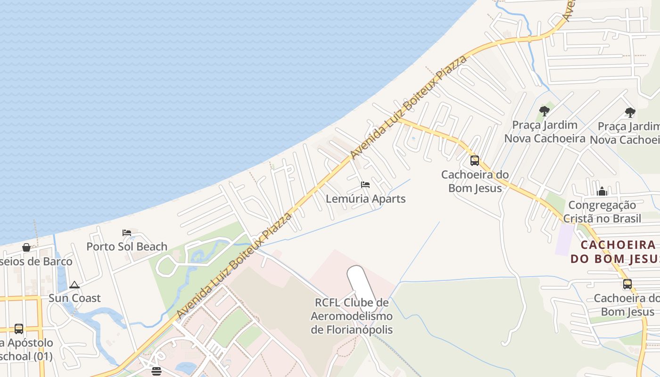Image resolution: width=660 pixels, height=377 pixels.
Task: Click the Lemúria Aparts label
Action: [365, 199]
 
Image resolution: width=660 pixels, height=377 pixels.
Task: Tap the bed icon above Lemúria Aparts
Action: [365, 185]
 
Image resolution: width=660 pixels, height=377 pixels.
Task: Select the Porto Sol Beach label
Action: [127, 246]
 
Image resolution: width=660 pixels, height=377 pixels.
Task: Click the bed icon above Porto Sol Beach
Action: [127, 232]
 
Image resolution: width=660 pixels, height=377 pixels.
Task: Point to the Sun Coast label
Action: [74, 298]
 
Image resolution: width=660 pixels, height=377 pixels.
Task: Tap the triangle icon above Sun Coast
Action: [74, 285]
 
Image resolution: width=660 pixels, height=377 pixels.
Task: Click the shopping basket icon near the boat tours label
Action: [26, 247]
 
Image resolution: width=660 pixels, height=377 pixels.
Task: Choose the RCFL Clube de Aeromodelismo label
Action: [352, 316]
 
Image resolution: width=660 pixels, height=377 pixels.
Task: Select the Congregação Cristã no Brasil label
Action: [602, 212]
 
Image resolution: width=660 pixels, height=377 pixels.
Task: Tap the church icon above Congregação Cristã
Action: [602, 191]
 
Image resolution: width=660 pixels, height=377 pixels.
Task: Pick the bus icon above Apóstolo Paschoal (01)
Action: [19, 328]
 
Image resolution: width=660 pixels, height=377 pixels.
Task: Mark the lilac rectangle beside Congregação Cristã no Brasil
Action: [564, 239]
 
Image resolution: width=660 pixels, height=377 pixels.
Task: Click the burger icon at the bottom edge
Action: [157, 371]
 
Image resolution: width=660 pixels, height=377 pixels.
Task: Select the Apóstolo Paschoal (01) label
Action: [26, 349]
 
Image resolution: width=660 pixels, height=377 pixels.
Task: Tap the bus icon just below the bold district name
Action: [627, 284]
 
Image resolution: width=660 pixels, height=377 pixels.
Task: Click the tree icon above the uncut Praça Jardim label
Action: [544, 111]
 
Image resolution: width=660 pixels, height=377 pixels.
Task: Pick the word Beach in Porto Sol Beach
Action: [150, 246]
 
